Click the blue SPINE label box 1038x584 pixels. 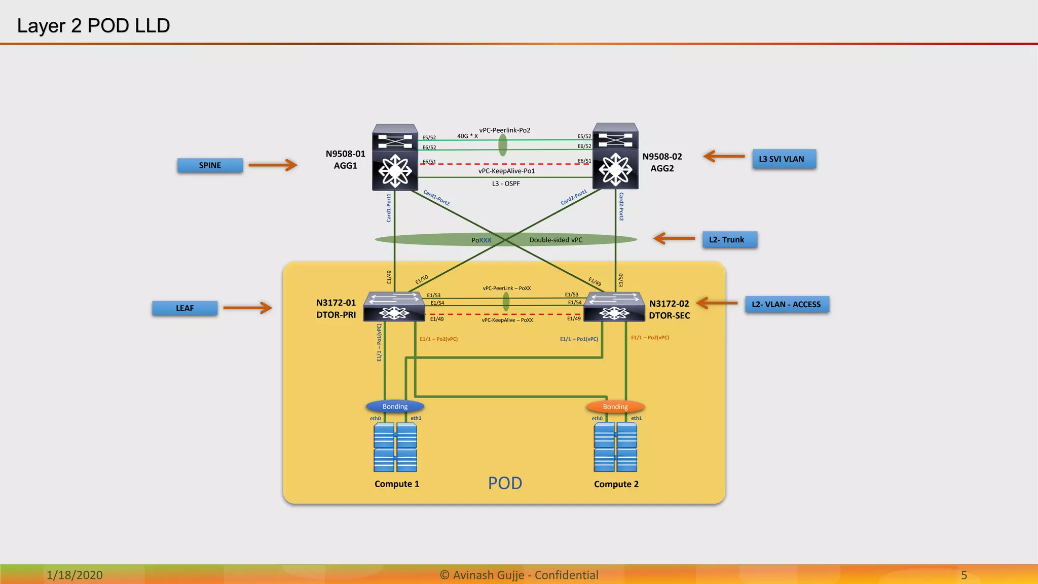(210, 165)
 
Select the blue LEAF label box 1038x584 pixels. (185, 308)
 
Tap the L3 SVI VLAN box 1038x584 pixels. (784, 159)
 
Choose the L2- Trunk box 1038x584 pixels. (729, 240)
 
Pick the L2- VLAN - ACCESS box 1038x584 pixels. (787, 305)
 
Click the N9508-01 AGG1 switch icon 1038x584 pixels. (395, 157)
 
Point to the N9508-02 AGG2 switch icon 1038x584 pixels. (615, 157)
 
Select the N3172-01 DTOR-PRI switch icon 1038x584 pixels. (394, 306)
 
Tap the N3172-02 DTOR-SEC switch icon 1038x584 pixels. (614, 307)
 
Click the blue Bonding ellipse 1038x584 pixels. (395, 407)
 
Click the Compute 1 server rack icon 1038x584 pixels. (395, 448)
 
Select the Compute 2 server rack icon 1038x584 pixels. (615, 448)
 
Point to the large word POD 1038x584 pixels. (505, 483)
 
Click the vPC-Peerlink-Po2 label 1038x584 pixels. (505, 130)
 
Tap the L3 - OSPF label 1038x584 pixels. (506, 184)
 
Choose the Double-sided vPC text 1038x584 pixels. (556, 240)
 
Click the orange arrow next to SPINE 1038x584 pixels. (273, 165)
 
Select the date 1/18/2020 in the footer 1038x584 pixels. (75, 575)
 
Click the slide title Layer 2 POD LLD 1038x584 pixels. (93, 25)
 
